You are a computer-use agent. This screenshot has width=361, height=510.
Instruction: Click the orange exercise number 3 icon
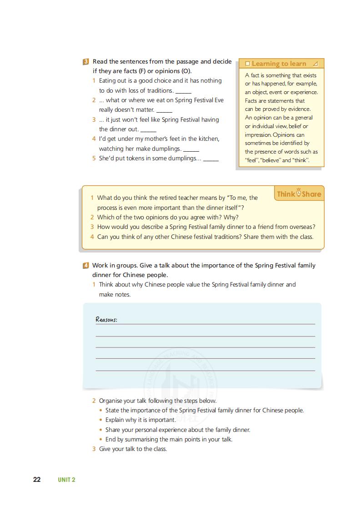pyautogui.click(x=86, y=61)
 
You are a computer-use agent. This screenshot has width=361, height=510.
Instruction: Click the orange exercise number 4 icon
pyautogui.click(x=86, y=265)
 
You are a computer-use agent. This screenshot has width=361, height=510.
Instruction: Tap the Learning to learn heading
pyautogui.click(x=279, y=64)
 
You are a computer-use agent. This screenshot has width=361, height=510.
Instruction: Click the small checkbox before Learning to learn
pyautogui.click(x=247, y=64)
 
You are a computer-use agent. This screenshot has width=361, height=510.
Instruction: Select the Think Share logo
pyautogui.click(x=299, y=194)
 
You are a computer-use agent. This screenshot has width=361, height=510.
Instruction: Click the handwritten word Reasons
pyautogui.click(x=106, y=319)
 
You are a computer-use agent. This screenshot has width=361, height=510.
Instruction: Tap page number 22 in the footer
pyautogui.click(x=37, y=480)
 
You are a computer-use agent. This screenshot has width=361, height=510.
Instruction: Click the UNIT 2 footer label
pyautogui.click(x=66, y=480)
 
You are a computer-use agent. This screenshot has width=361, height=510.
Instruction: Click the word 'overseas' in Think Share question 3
pyautogui.click(x=301, y=227)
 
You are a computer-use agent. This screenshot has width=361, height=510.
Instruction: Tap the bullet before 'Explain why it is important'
pyautogui.click(x=101, y=420)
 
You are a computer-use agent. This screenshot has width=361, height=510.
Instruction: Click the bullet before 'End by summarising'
pyautogui.click(x=101, y=440)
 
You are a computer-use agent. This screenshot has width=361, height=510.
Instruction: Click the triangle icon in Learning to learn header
pyautogui.click(x=315, y=64)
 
